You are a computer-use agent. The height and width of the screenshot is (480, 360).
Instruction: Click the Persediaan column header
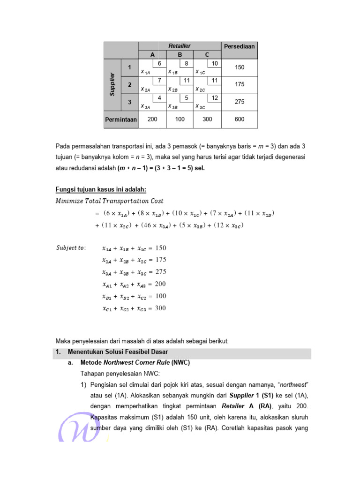pos(239,46)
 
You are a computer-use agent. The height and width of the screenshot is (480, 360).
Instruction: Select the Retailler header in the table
pos(180,45)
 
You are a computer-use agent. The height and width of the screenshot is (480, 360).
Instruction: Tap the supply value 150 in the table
pos(239,67)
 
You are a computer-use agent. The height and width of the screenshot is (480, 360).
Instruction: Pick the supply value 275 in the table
pos(239,101)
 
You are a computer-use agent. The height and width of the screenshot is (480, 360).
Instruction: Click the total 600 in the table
pos(239,120)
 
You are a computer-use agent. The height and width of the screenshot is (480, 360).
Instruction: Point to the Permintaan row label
pos(121,120)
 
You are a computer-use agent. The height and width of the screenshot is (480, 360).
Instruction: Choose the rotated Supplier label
pos(112,84)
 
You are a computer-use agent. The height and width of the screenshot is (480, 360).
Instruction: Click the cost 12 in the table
pos(215,97)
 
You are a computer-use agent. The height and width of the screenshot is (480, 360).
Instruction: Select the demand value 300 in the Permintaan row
pos(207,120)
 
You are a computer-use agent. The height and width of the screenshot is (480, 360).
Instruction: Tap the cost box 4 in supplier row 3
pos(159,97)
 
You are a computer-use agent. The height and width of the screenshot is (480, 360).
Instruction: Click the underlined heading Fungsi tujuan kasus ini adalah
pos(101,189)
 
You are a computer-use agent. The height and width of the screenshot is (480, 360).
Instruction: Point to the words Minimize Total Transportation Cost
pos(110,201)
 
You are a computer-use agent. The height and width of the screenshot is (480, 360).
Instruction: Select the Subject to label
pos(71,247)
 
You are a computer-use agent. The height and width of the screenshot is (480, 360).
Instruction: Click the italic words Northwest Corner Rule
pos(133,363)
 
